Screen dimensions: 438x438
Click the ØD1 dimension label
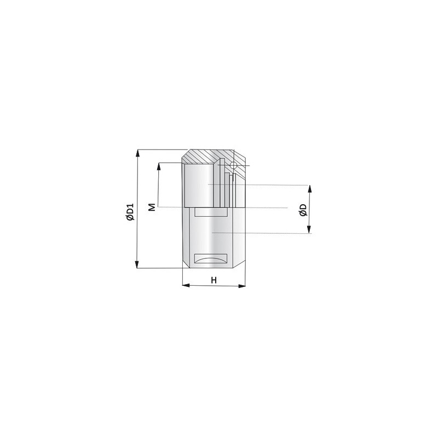tap(130, 212)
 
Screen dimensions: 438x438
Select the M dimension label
tap(152, 208)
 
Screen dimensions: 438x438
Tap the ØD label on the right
tap(303, 210)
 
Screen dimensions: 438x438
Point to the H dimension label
tap(214, 280)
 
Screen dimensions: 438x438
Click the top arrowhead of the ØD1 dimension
tap(137, 153)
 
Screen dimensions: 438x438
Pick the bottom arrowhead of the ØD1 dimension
tap(137, 265)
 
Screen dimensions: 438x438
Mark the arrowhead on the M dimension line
tap(159, 166)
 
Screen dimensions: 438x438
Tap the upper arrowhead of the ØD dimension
tap(309, 189)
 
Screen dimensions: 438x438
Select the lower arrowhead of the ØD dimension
tap(309, 229)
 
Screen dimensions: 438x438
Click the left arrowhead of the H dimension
tap(186, 285)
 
